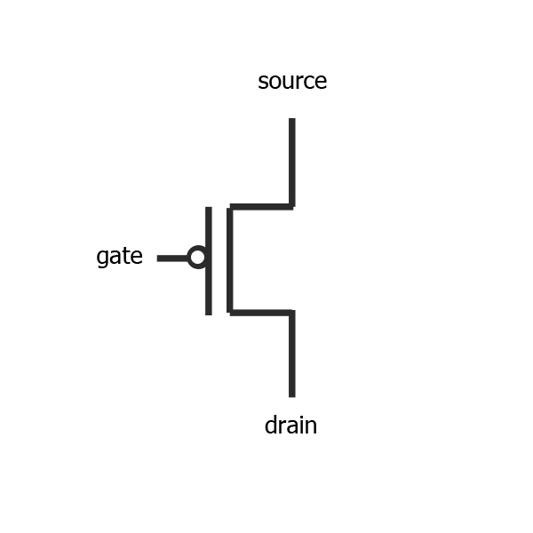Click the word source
292,82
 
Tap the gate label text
119,258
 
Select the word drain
290,426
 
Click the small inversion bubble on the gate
197,258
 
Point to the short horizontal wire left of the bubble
172,258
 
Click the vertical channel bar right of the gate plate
229,259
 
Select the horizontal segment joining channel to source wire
260,206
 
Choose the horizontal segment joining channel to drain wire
260,312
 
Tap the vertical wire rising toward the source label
291,160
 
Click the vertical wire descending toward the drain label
291,355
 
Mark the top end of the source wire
291,120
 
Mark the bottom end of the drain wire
291,394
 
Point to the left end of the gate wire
159,258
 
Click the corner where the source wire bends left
291,206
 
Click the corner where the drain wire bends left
291,312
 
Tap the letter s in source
263,83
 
